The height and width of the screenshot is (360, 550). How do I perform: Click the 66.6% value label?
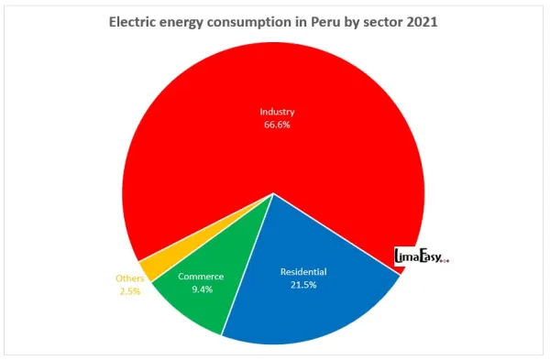coord(276,125)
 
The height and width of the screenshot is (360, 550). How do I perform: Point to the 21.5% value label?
coord(303,286)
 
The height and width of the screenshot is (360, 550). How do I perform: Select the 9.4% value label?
coord(201,289)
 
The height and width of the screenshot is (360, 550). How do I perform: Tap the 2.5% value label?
coord(128,291)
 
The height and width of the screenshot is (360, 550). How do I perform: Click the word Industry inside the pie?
coord(276,112)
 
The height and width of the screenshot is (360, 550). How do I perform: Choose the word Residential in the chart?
coord(303,272)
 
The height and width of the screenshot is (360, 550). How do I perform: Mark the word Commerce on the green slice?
coord(201,277)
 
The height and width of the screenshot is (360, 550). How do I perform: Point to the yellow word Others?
coord(129,278)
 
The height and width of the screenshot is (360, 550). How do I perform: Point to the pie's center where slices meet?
coord(274,193)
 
